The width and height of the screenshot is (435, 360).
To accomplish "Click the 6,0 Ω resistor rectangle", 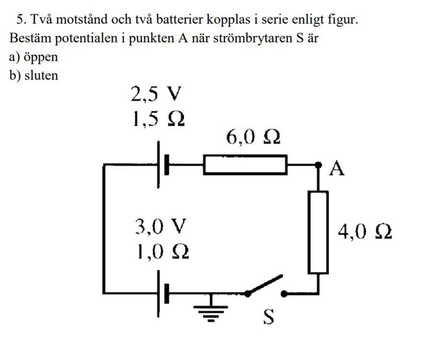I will pyautogui.click(x=245, y=164).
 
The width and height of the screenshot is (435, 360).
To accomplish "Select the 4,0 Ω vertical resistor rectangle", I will pyautogui.click(x=318, y=231).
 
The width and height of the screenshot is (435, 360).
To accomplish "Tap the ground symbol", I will pyautogui.click(x=209, y=311).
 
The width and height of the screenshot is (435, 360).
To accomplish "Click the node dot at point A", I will pyautogui.click(x=319, y=164).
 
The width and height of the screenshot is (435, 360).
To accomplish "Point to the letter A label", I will pyautogui.click(x=338, y=170).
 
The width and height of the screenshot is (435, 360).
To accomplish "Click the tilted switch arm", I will pyautogui.click(x=265, y=286).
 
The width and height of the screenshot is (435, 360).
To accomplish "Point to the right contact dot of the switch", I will pyautogui.click(x=284, y=294).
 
